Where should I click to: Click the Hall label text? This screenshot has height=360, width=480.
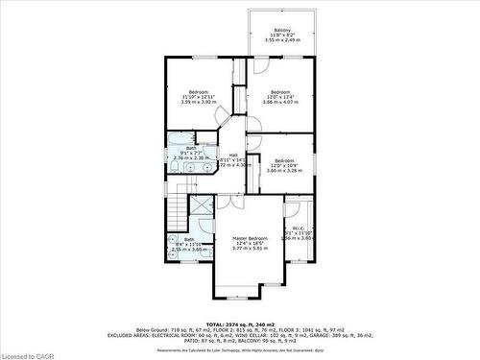[233, 155]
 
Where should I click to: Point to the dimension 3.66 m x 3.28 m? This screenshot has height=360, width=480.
[283, 171]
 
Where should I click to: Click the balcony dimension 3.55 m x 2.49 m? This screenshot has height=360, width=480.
[282, 41]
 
